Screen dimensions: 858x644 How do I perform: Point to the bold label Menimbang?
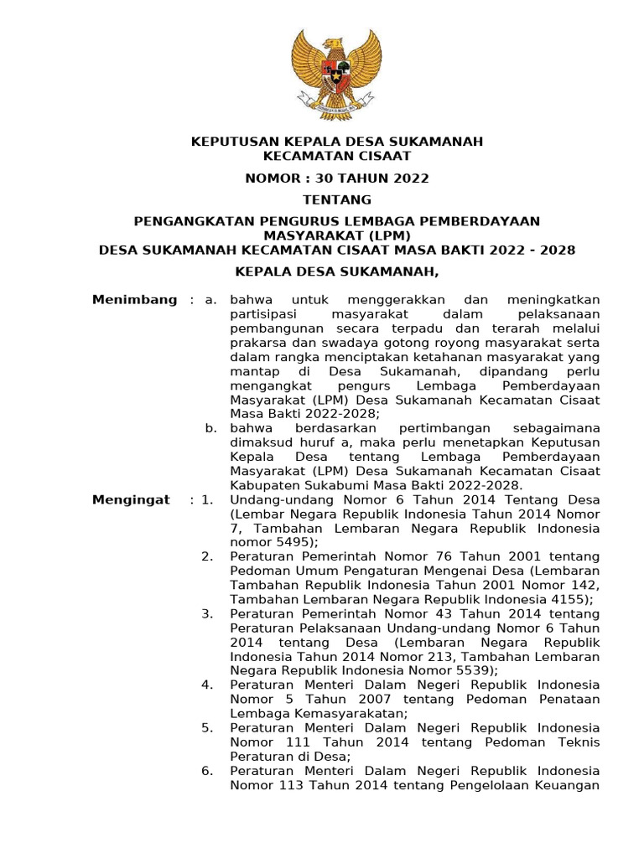coord(134,300)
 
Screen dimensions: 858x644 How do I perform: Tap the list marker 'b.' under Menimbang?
coord(212,428)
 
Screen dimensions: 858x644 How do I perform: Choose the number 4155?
coord(572,599)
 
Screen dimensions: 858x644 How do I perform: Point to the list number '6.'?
coord(208,771)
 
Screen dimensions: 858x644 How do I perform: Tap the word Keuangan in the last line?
coord(569,785)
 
